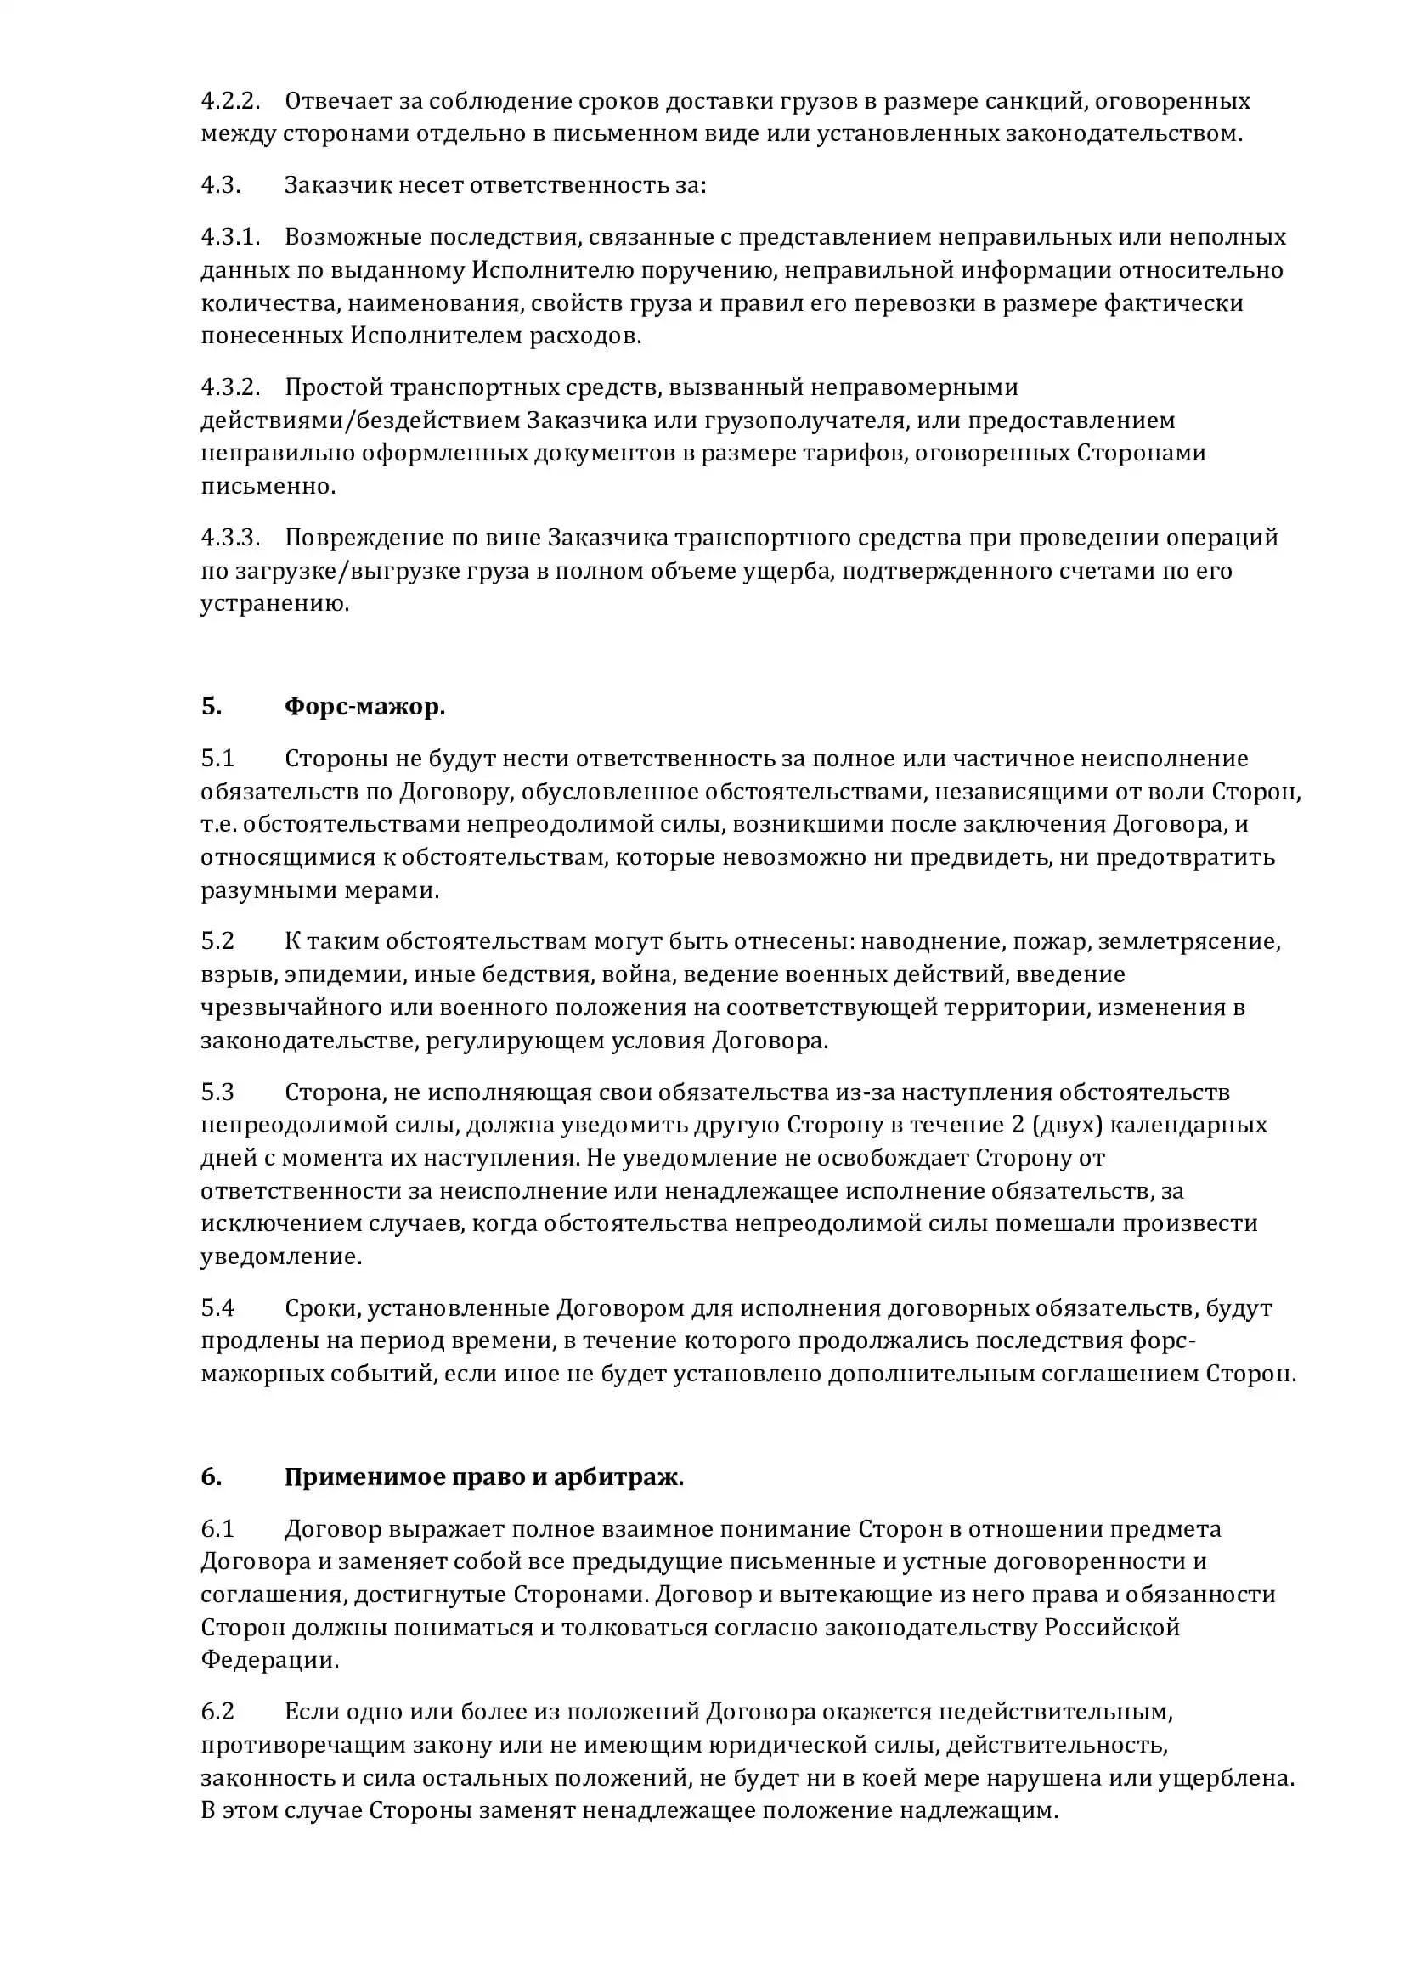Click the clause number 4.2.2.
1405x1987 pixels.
point(230,101)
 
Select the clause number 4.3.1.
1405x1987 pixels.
point(230,237)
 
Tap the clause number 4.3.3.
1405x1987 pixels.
point(230,538)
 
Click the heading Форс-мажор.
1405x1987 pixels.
point(364,707)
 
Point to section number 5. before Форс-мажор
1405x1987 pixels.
point(212,707)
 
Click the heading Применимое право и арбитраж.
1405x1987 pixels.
point(483,1477)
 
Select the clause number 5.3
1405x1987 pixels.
point(218,1092)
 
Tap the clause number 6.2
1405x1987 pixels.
point(218,1711)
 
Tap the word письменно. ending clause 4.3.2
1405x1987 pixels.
point(268,487)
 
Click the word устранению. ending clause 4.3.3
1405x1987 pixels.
point(275,604)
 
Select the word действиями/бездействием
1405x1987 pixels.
point(360,421)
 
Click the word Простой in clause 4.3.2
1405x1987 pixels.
point(333,387)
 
